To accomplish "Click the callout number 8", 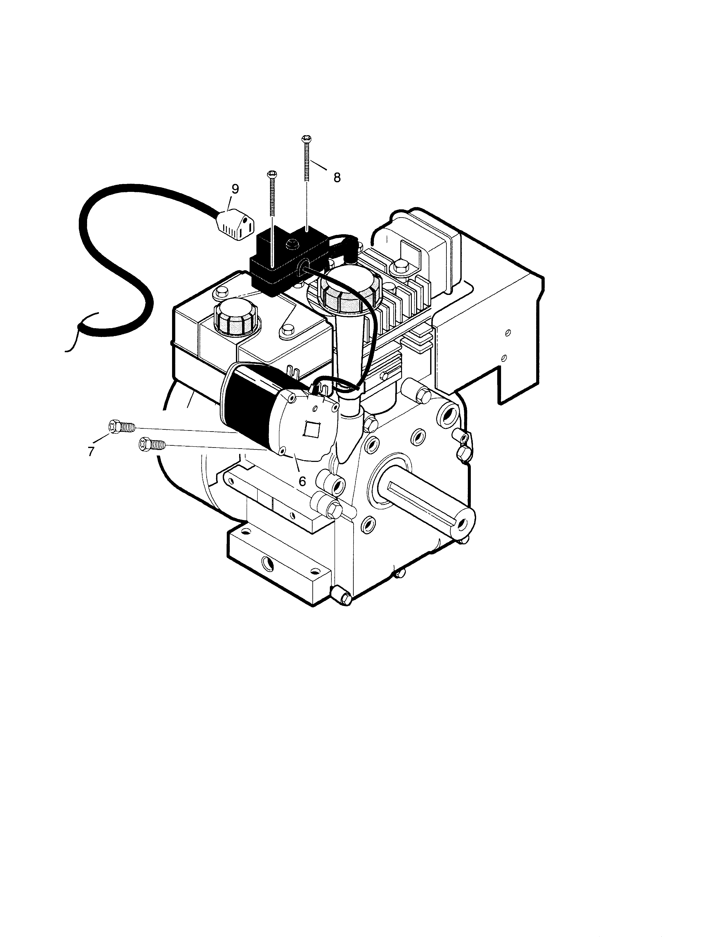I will (337, 178).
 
